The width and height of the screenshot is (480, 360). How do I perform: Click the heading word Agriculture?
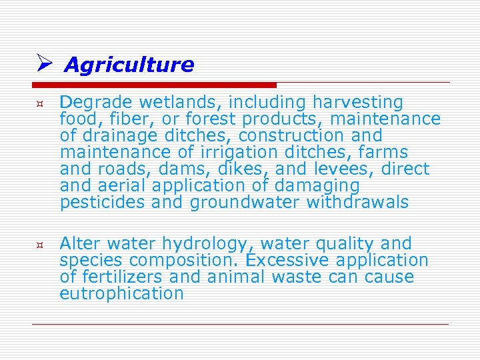(x=129, y=65)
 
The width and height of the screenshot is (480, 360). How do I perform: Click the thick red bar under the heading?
(x=154, y=85)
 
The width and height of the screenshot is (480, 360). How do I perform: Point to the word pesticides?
(x=102, y=203)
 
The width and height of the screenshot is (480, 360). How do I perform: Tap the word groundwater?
(x=245, y=203)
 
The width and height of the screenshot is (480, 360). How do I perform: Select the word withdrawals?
(x=357, y=203)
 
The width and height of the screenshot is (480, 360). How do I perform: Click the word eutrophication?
(x=121, y=294)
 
